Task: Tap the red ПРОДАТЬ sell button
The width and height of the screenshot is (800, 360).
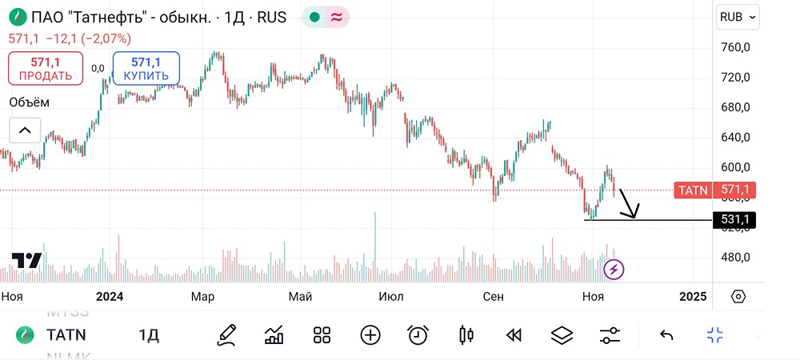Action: (x=46, y=69)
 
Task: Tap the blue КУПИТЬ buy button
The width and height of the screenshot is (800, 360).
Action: (x=146, y=69)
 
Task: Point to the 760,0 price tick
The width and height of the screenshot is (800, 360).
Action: (x=735, y=47)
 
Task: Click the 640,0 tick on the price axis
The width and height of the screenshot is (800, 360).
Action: (x=735, y=137)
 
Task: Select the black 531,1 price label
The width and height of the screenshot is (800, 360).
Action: (x=734, y=219)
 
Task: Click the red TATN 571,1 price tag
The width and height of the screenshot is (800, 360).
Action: (x=714, y=190)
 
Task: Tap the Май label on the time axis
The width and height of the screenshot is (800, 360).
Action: (x=300, y=297)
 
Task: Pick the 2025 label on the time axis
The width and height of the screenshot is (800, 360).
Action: (x=693, y=297)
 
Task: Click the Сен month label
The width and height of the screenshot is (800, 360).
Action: (x=494, y=297)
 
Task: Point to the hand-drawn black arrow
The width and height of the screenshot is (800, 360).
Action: (x=628, y=203)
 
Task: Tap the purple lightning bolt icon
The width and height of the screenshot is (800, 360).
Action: (x=614, y=270)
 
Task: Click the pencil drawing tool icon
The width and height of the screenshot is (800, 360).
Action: (x=226, y=335)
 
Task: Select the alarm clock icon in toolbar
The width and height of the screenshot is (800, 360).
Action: (x=417, y=335)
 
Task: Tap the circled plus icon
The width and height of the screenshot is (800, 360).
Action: (x=370, y=335)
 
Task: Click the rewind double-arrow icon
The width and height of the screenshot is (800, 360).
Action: (x=514, y=335)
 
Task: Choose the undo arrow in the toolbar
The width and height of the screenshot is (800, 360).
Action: (x=666, y=335)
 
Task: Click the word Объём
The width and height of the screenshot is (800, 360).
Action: (x=29, y=102)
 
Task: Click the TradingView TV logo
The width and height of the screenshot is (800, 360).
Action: (x=26, y=261)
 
